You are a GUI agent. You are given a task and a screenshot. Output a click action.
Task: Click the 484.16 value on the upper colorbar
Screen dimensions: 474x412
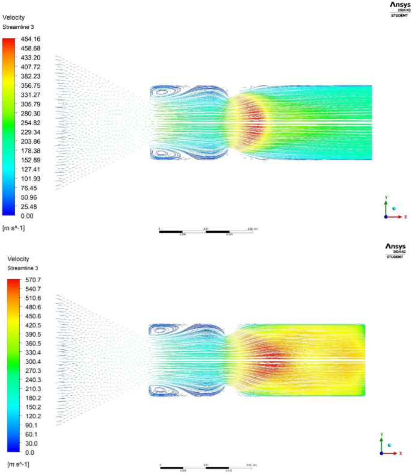31,38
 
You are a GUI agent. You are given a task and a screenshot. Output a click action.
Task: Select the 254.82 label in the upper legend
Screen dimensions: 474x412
31,123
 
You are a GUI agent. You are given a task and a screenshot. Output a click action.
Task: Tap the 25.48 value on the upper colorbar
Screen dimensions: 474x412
29,206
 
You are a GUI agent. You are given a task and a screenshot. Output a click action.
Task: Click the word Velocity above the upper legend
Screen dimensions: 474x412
14,18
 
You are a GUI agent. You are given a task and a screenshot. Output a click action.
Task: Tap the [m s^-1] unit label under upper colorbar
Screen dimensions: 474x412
14,228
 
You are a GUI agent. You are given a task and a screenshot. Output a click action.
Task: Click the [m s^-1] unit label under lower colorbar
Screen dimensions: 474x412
18,464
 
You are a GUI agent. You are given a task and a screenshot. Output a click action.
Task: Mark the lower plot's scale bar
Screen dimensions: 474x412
206,467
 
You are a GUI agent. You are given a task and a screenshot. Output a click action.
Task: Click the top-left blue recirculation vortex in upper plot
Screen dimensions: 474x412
162,93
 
